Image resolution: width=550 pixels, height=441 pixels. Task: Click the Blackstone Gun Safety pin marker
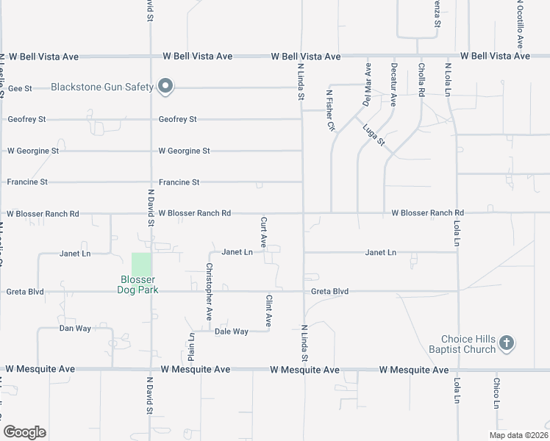[x=166, y=87]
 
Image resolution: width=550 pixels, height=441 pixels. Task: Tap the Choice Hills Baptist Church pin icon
[x=506, y=343]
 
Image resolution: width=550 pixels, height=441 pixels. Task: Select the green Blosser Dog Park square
[x=142, y=264]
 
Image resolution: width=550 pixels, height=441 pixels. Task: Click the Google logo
[x=24, y=432]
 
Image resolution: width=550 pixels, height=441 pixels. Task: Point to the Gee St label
[x=20, y=88]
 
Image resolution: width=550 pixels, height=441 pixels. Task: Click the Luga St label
[x=374, y=135]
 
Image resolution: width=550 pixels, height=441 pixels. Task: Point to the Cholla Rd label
[x=421, y=82]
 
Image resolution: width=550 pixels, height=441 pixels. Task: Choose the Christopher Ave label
[x=210, y=292]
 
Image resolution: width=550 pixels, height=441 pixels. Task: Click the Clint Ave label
[x=269, y=310]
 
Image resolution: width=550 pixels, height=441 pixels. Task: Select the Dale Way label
[x=232, y=331]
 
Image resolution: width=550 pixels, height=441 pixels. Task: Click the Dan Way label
[x=75, y=329]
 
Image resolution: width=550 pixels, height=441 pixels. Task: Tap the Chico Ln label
[x=497, y=393]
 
